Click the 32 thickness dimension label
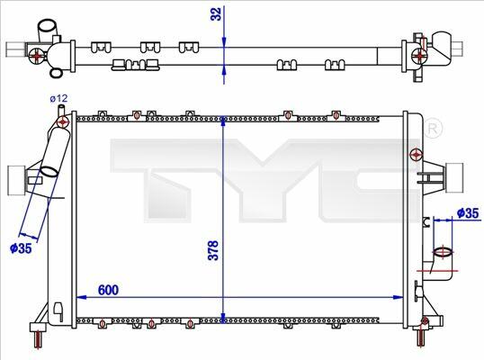(216, 13)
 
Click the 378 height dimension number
(213, 250)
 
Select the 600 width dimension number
(108, 290)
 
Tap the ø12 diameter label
(58, 98)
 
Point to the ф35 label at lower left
(21, 247)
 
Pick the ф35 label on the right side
(468, 213)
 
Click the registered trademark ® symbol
(433, 129)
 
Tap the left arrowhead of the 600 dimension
(81, 297)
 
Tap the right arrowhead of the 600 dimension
(399, 297)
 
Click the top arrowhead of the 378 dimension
(223, 121)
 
